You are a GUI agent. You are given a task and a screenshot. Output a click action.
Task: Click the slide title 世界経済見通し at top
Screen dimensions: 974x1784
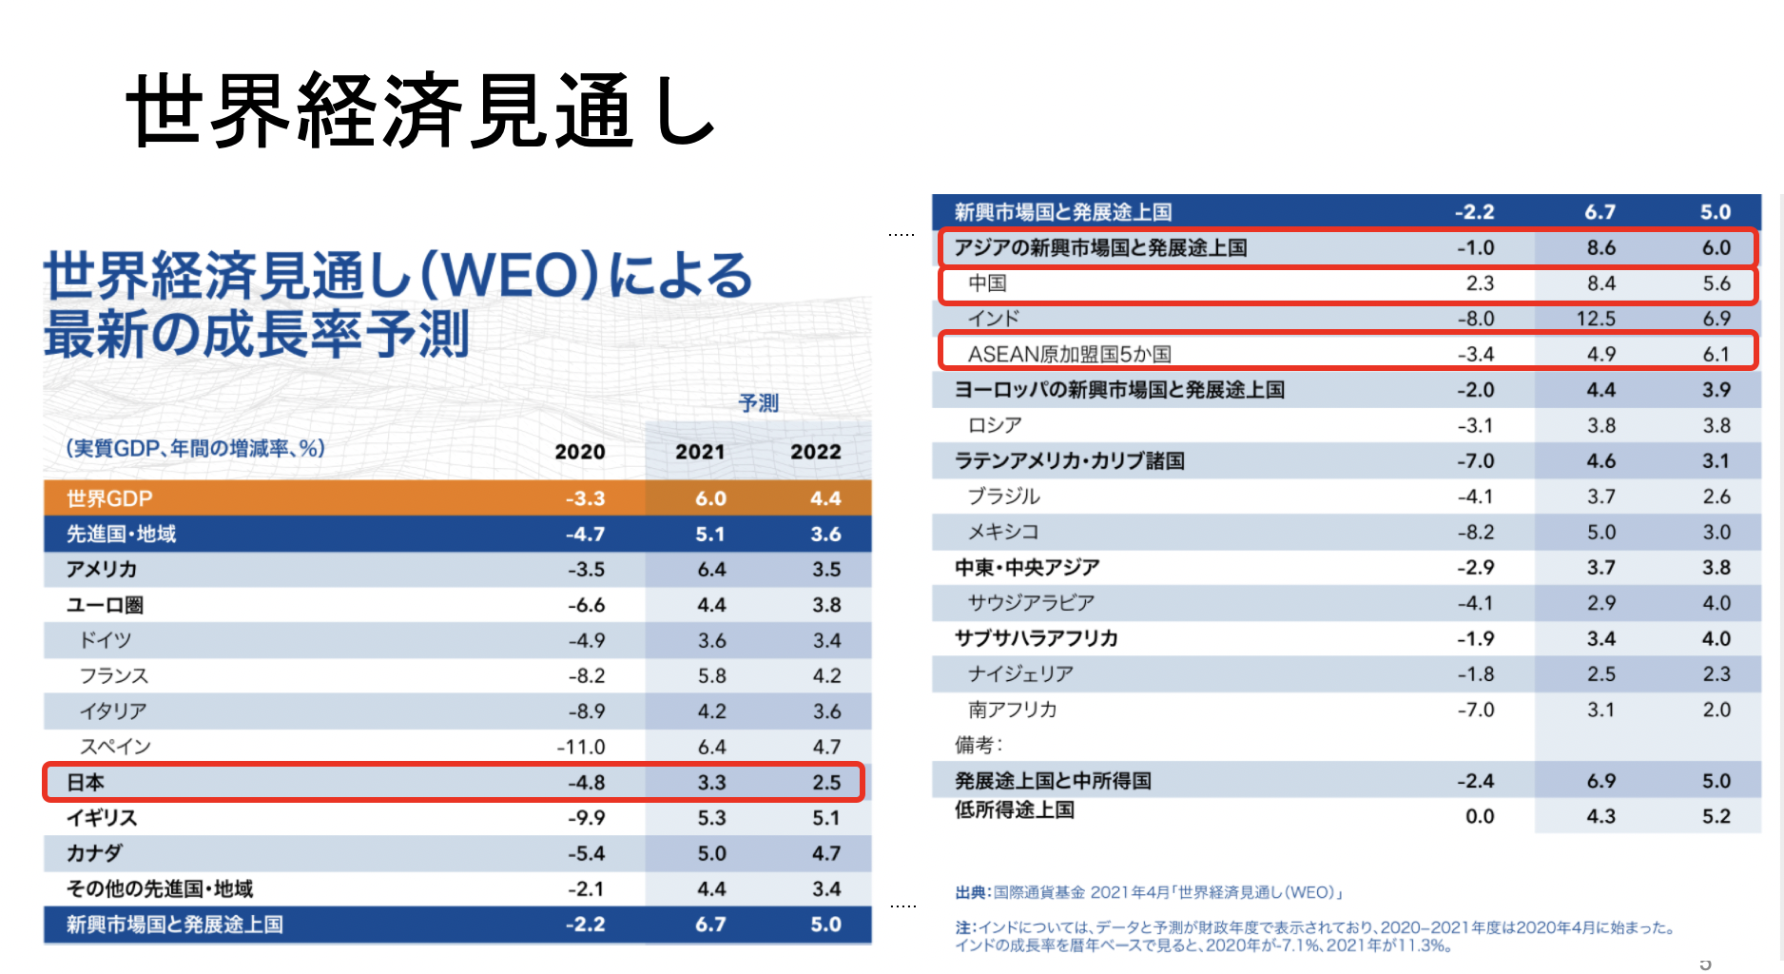click(420, 111)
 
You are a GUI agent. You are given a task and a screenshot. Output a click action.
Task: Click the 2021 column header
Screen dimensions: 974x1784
click(700, 452)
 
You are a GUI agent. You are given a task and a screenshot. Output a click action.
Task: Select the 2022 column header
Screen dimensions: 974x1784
click(815, 452)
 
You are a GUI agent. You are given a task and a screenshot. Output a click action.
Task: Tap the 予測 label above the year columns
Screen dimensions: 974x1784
click(758, 403)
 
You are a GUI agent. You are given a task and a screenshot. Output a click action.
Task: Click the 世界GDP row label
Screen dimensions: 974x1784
click(109, 498)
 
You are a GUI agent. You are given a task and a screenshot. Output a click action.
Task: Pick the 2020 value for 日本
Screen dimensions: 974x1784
click(586, 783)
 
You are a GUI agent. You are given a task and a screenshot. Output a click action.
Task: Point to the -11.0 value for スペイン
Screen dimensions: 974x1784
click(580, 748)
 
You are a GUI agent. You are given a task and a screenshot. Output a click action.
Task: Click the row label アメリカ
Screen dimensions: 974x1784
click(102, 570)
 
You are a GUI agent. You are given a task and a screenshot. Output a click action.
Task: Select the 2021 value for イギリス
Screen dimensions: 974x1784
click(711, 818)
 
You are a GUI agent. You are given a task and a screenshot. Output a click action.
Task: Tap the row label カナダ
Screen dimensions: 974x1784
click(94, 853)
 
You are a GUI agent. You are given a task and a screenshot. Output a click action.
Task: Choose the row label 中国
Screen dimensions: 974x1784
click(987, 283)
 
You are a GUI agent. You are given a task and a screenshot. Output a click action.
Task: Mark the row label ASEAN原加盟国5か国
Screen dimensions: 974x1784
click(1069, 355)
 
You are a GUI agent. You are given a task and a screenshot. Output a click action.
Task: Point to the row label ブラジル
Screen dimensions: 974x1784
click(1003, 497)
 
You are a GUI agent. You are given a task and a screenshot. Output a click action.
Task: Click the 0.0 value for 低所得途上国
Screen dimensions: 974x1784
click(1479, 816)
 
